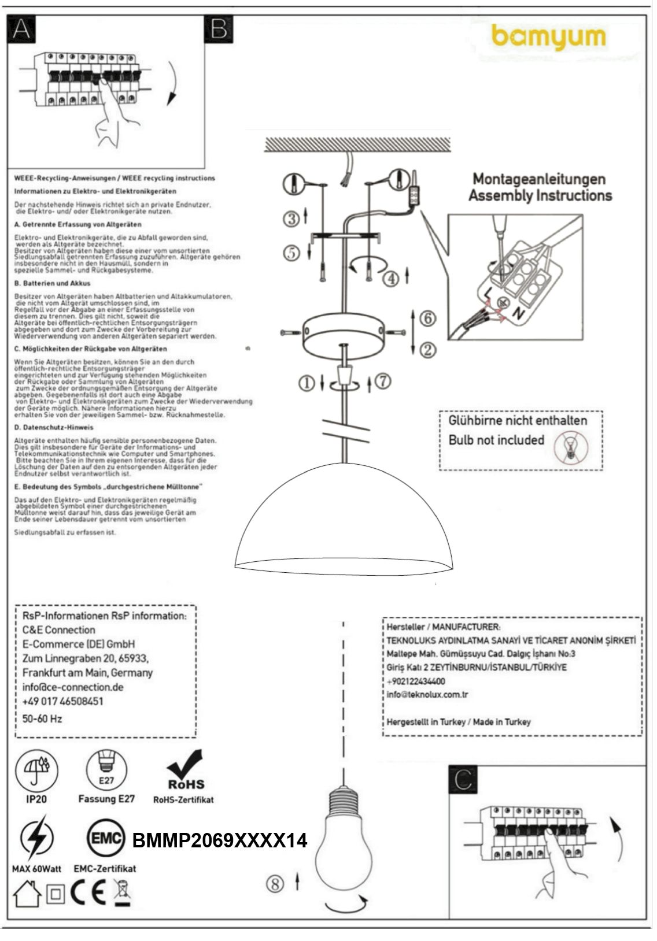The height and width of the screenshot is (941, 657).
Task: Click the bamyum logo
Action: tap(548, 38)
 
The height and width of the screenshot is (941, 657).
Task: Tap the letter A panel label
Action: tap(21, 29)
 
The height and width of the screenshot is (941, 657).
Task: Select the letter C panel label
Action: tap(464, 780)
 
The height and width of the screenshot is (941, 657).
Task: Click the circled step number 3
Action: tap(291, 219)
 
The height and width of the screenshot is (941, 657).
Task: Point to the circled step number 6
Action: tap(427, 318)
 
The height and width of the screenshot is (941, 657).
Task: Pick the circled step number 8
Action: tap(276, 884)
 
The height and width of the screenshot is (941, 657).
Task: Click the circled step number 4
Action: tap(392, 279)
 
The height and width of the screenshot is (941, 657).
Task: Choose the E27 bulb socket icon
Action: tap(106, 769)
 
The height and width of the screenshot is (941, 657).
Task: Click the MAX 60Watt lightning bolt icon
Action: tap(36, 838)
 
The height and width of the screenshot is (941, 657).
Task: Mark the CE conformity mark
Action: tap(88, 894)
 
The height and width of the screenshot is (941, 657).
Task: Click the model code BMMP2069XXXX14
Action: tap(220, 840)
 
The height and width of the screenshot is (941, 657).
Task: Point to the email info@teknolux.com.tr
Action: tap(427, 695)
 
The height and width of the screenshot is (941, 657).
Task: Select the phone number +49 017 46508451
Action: tap(63, 701)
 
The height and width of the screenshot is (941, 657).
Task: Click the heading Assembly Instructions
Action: tap(540, 195)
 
